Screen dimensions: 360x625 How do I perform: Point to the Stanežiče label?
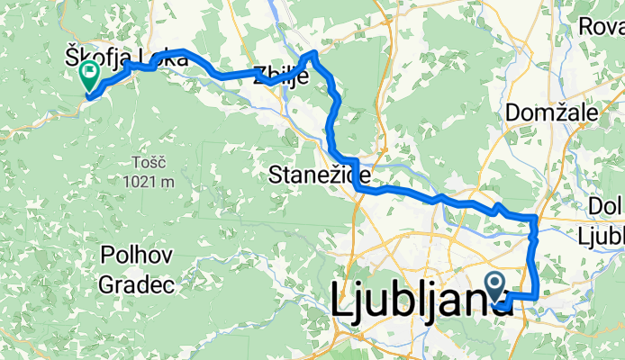[x=314, y=177]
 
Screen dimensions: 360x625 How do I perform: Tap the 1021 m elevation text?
[x=149, y=181]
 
